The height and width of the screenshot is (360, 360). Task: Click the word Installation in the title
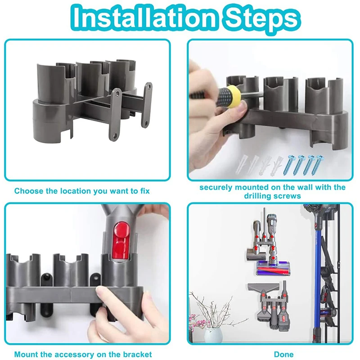coord(144,18)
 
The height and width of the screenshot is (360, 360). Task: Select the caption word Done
coord(284,354)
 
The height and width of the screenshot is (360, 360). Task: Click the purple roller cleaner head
coord(273,268)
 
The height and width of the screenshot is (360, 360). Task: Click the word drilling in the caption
coord(258,196)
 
